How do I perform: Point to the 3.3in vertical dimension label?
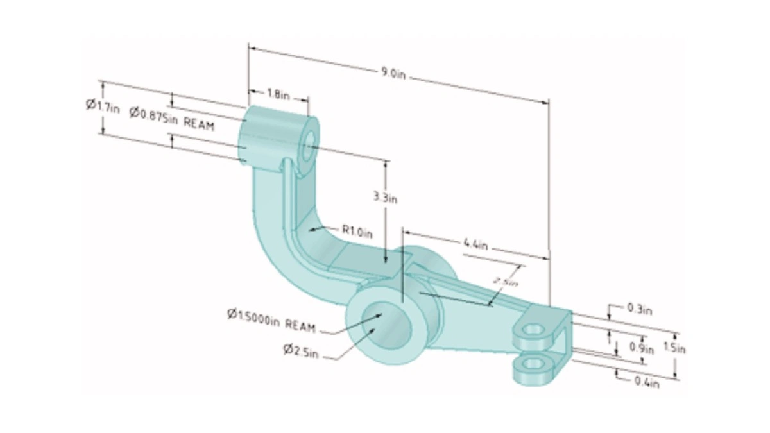(386, 198)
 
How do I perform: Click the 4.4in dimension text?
(475, 244)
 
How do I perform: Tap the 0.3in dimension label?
(639, 309)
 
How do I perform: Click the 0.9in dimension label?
(641, 349)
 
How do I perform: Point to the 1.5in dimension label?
(674, 349)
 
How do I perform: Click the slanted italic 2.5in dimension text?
(506, 281)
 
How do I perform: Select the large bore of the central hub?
(386, 327)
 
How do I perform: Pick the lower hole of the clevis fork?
(532, 364)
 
